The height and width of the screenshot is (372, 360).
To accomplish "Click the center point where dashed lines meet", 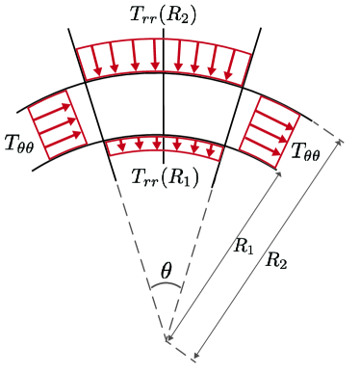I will (168, 339).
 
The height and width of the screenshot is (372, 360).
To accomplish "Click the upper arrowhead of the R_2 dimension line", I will (342, 144).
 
